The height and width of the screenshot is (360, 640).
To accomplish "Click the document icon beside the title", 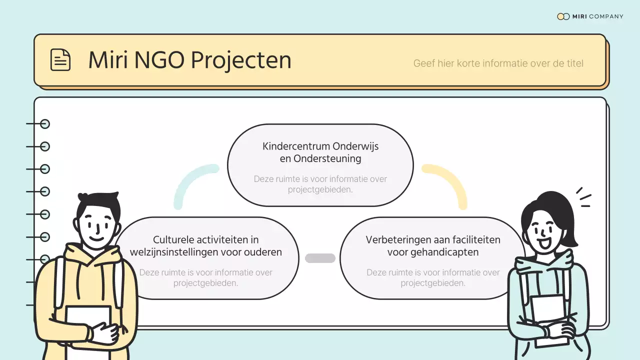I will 60,60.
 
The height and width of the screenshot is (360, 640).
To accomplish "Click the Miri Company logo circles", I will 563,16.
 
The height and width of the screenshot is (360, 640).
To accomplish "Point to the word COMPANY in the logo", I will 606,16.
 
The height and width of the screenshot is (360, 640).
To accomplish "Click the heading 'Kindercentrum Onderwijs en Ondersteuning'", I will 320,152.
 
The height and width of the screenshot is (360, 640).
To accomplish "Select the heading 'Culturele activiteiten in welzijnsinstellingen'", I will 205,246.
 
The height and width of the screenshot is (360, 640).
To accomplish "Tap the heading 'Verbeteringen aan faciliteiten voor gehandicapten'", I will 433,246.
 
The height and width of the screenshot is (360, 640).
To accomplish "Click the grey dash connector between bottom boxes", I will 320,258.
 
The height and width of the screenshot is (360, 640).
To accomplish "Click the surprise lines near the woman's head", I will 583,197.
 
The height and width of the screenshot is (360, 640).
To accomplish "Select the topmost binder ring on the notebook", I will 44,124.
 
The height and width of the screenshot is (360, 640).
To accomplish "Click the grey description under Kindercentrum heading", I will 320,184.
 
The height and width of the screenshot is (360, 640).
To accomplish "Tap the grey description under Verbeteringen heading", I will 433,277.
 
